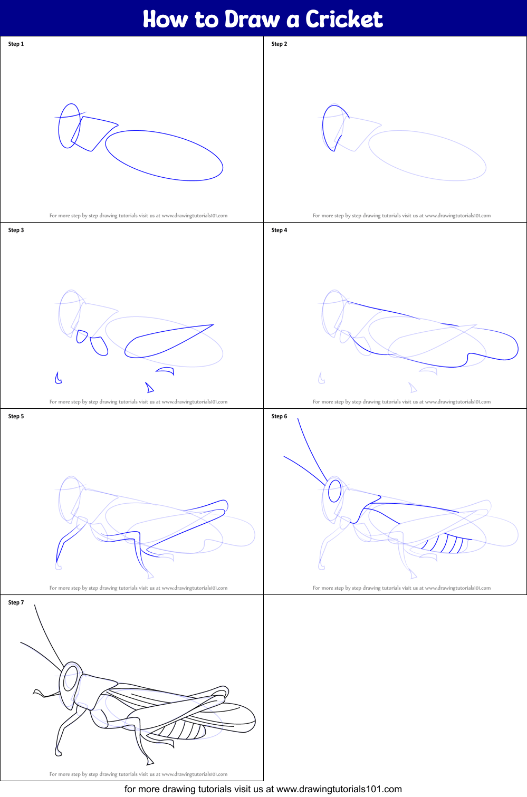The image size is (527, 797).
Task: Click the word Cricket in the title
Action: [344, 19]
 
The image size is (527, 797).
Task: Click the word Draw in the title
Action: [252, 19]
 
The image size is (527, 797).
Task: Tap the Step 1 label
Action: [16, 44]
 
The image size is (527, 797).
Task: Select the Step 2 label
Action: [279, 44]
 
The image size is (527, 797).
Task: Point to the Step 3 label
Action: [16, 230]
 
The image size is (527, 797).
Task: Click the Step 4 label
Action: [279, 230]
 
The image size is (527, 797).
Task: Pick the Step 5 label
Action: [16, 416]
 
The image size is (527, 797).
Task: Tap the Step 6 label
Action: [279, 416]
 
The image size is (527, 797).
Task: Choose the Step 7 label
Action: [16, 602]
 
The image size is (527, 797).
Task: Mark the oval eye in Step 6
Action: [334, 491]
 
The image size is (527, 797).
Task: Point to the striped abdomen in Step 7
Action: [182, 731]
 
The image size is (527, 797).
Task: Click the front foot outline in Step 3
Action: [58, 378]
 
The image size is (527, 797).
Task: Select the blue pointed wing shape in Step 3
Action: [169, 340]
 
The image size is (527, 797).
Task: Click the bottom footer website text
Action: [263, 789]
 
